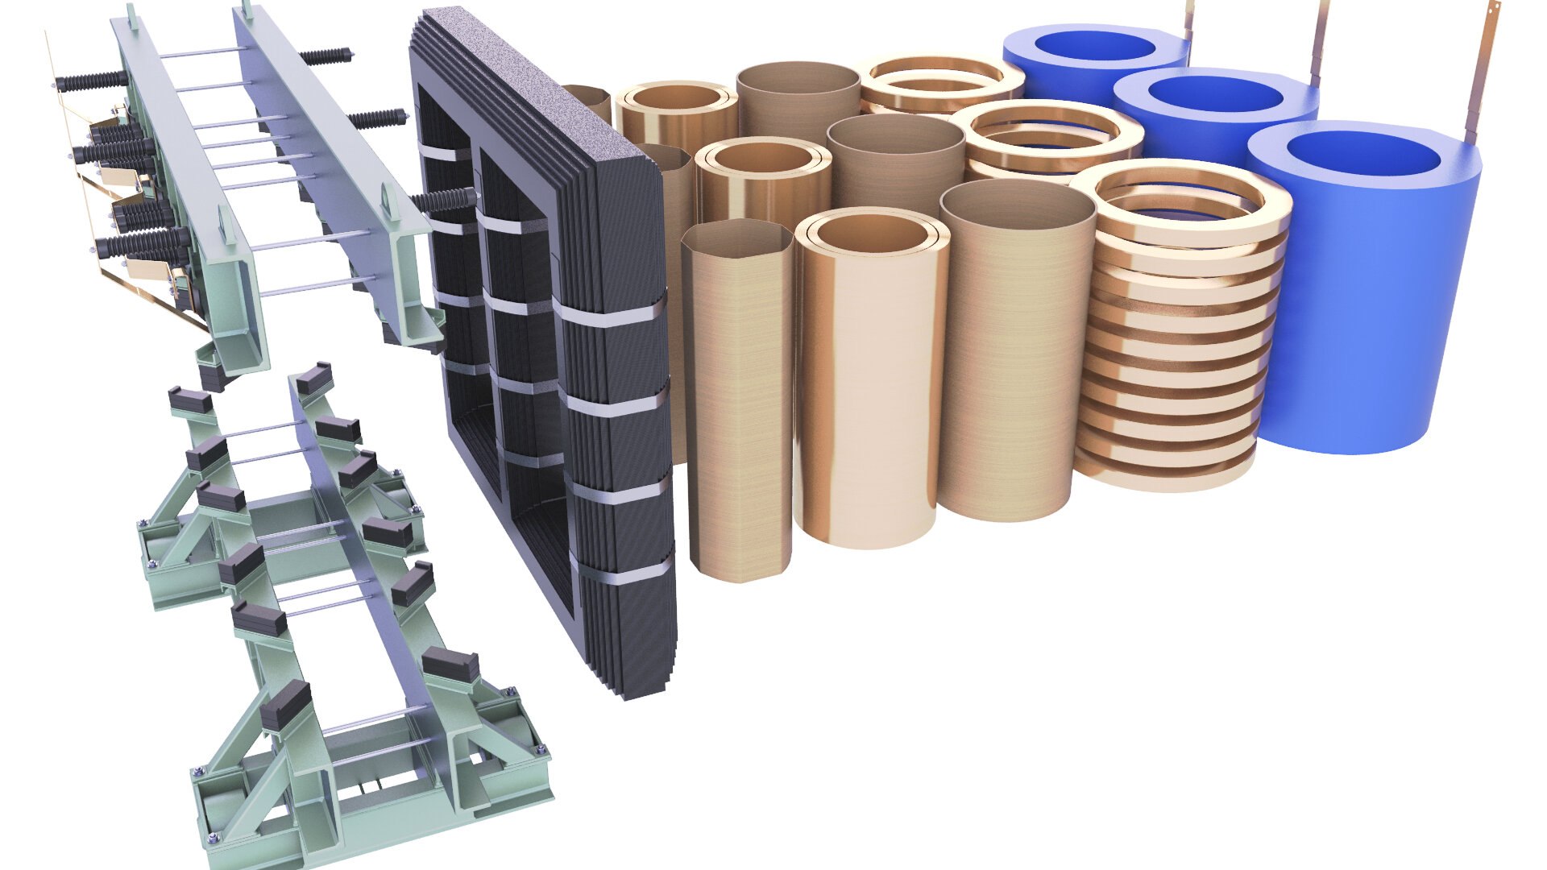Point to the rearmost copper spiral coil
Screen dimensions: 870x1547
coord(943,81)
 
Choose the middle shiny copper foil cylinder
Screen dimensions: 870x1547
coord(761,185)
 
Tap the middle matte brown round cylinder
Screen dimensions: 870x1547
coord(894,161)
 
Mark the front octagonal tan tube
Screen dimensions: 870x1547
coord(737,403)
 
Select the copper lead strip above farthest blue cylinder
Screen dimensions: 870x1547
coord(1188,24)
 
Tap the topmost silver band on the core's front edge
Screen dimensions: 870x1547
coord(612,310)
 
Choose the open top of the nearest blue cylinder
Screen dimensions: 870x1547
coord(1370,161)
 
